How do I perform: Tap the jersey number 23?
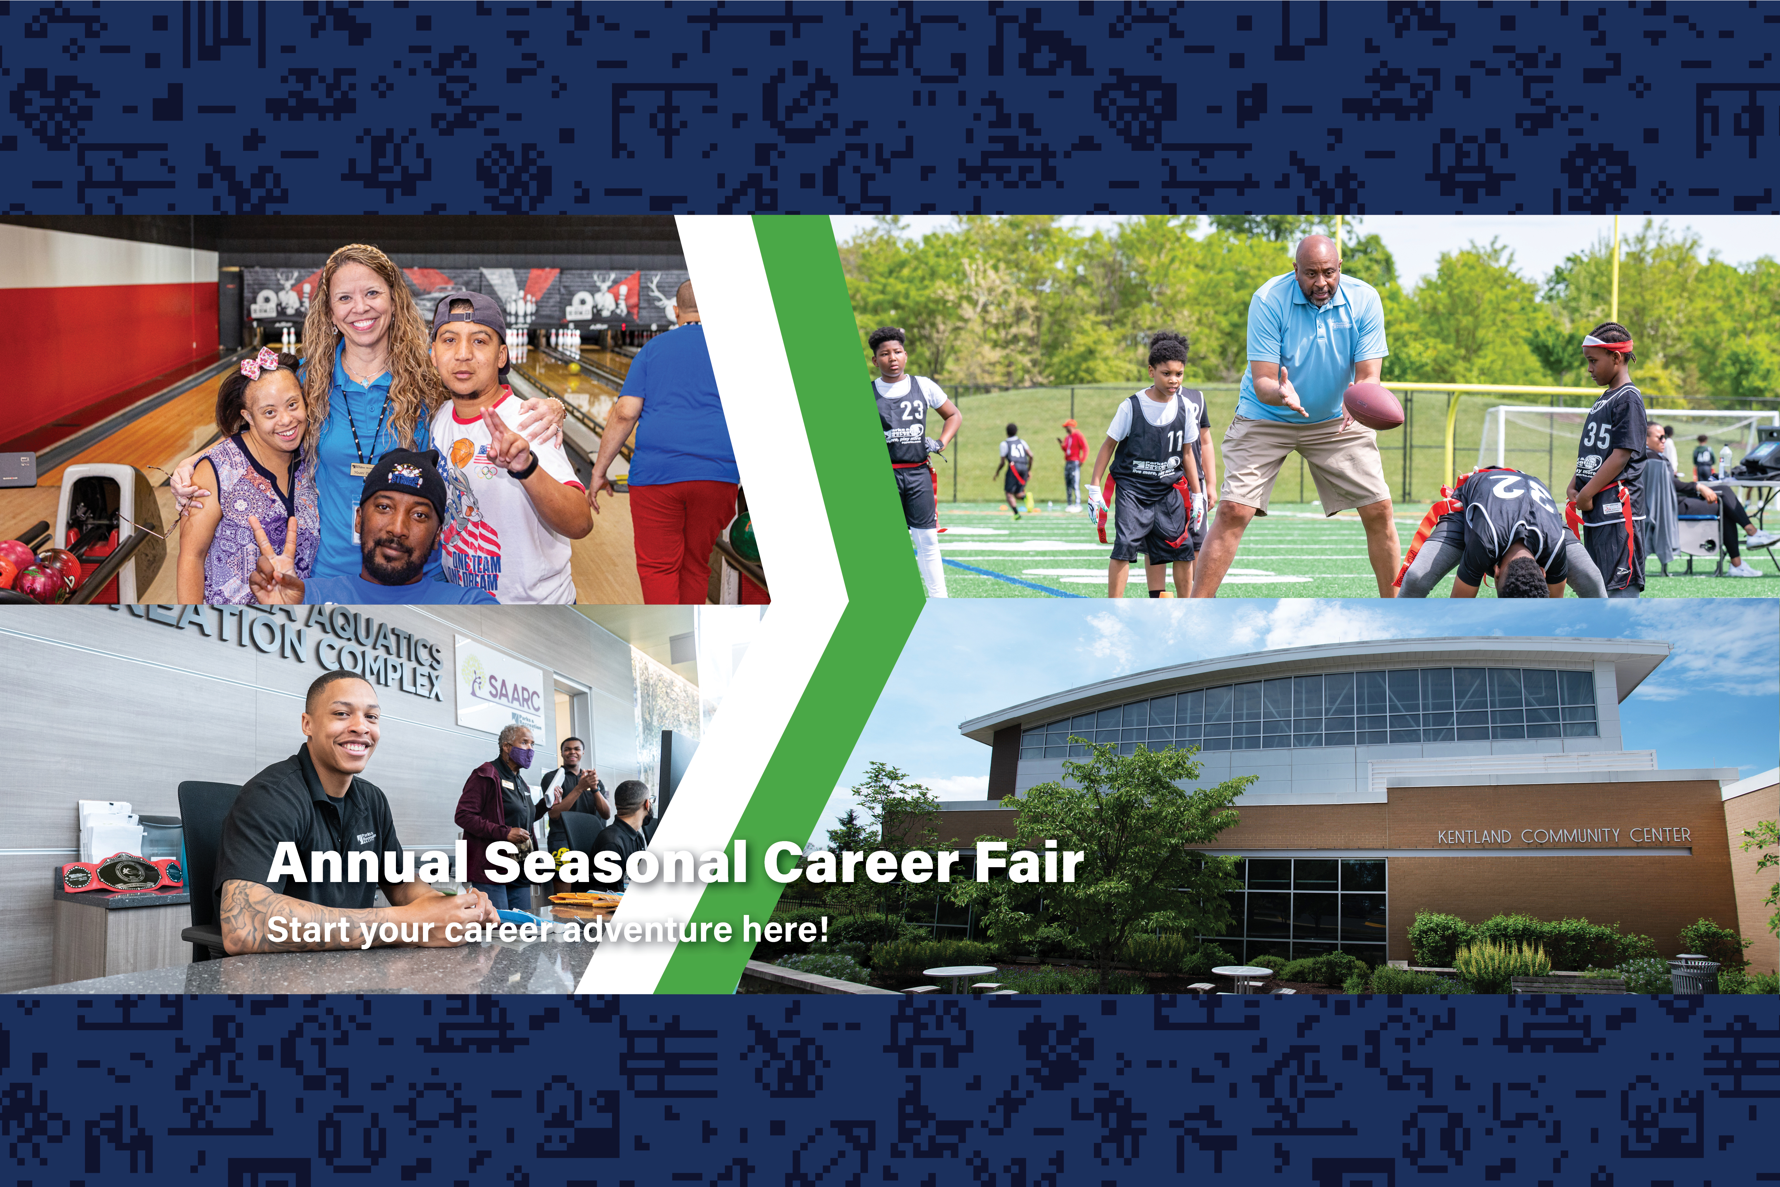click(912, 410)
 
